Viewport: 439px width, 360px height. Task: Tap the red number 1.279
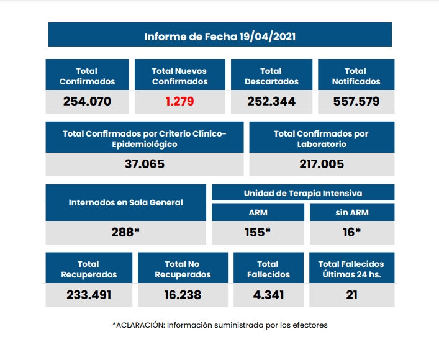point(179,101)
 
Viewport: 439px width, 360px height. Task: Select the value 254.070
point(87,101)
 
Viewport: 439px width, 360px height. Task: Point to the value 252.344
point(271,101)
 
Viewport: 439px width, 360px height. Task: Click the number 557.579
point(356,101)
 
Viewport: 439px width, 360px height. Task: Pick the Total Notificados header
point(356,76)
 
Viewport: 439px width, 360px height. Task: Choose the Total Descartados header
point(271,76)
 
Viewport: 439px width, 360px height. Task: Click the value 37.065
point(145,164)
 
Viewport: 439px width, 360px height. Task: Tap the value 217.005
point(321,164)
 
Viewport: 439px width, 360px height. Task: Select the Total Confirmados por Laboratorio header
point(321,138)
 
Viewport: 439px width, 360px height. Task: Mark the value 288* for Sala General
point(125,232)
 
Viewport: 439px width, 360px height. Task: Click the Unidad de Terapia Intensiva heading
point(303,193)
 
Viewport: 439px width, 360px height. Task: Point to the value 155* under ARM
point(258,232)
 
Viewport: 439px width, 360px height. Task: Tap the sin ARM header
point(352,212)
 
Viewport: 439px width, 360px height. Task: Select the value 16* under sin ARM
point(352,232)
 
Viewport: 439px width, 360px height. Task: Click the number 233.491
point(89,295)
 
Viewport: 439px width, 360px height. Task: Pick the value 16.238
point(183,295)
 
